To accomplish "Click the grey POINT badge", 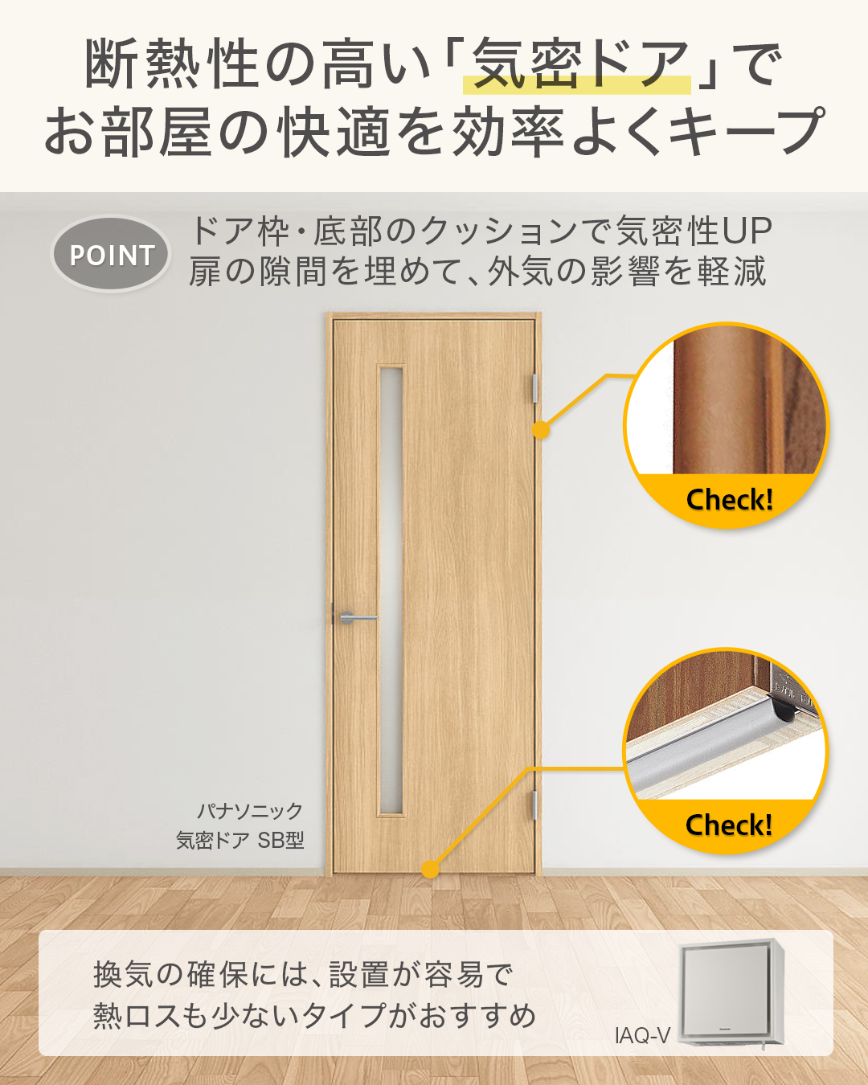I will (111, 254).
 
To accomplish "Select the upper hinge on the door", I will (534, 387).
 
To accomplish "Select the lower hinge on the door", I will (534, 805).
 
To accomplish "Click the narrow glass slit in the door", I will (391, 591).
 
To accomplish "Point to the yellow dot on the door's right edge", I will (541, 430).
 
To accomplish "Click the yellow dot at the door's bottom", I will (431, 869).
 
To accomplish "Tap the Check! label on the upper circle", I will (729, 500).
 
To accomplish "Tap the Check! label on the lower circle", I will (728, 825).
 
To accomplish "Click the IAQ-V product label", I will (642, 1035).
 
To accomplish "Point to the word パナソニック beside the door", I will (250, 811).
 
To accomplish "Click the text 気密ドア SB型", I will (240, 841).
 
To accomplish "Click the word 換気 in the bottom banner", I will (122, 975).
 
